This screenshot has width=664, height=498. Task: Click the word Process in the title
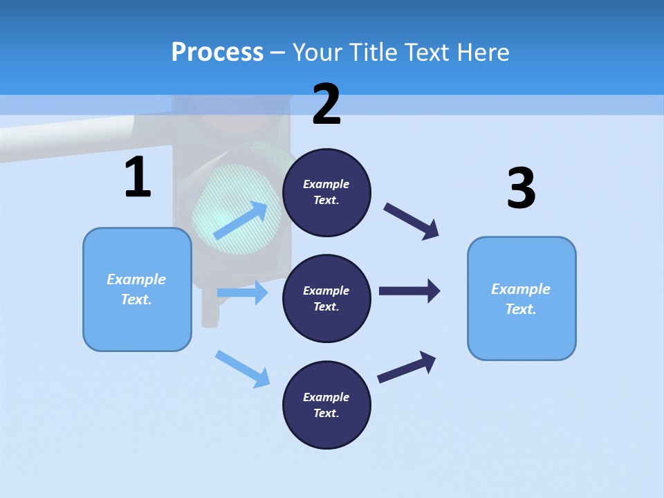tap(217, 52)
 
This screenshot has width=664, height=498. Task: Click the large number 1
tap(138, 178)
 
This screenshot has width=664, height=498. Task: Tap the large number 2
tap(326, 105)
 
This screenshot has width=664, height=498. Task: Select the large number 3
tap(521, 189)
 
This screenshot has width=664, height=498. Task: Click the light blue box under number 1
tap(137, 289)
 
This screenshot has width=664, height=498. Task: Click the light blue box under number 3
tap(522, 298)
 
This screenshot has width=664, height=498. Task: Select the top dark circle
tap(326, 192)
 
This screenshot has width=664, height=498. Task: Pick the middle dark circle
tap(326, 298)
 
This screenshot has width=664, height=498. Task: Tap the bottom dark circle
tap(326, 405)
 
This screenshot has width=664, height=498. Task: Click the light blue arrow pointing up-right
tap(241, 220)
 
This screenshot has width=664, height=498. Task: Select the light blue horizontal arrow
tap(242, 293)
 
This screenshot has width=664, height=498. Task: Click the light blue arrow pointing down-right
tap(243, 369)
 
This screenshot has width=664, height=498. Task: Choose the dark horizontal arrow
tap(409, 290)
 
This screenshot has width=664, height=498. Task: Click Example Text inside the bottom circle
tap(326, 405)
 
